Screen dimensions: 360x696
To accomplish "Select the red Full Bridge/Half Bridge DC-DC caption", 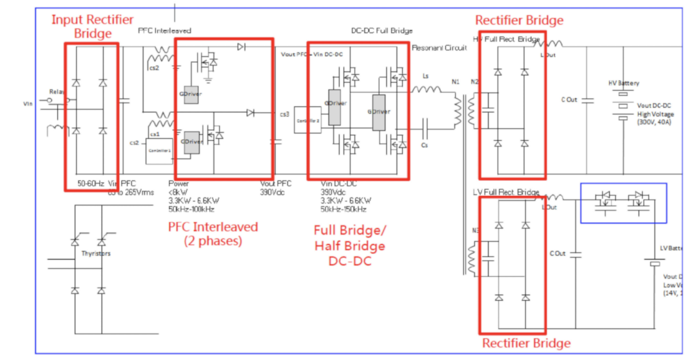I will point(349,247).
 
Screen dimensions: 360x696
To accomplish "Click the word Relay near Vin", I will point(57,92).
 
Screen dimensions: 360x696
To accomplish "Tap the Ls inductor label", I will point(425,76).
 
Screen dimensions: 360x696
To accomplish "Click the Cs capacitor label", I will point(423,146).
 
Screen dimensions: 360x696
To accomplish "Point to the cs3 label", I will point(284,114).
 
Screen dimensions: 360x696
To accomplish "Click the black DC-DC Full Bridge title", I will point(382,31).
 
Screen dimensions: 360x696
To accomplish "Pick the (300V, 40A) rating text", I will point(653,122).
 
